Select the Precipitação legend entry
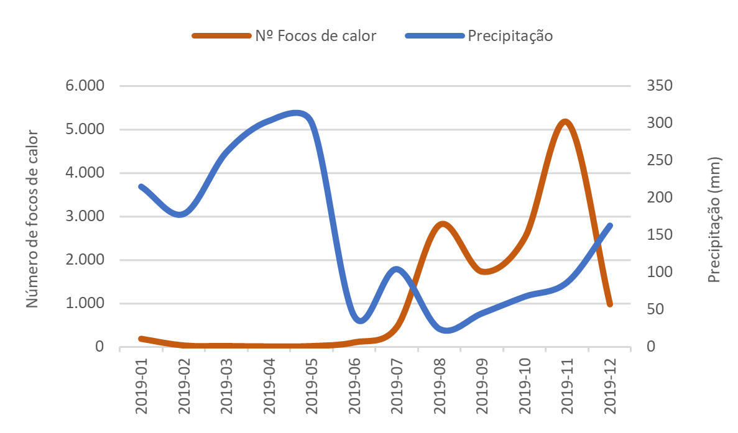click(x=510, y=35)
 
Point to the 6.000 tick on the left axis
click(x=83, y=86)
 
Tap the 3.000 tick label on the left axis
click(x=83, y=216)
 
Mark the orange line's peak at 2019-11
click(x=566, y=121)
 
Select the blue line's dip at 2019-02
click(x=180, y=215)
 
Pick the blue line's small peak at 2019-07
click(x=397, y=268)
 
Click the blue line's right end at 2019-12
click(x=610, y=226)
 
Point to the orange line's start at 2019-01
click(x=141, y=339)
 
